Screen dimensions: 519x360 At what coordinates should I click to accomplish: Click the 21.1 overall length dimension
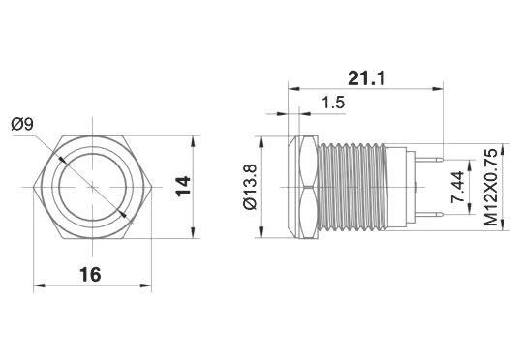coord(366,78)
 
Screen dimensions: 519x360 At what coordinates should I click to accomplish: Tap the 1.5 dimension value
coord(333,103)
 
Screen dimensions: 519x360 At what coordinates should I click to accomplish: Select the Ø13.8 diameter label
coord(250,187)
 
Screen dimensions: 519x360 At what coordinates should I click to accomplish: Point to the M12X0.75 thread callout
coord(491,187)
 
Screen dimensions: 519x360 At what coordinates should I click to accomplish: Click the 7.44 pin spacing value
coord(458,187)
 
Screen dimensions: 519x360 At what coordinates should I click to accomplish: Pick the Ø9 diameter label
coord(22,125)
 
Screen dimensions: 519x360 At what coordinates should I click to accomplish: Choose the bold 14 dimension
coord(183,187)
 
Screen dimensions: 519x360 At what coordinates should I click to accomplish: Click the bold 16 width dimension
coord(90,275)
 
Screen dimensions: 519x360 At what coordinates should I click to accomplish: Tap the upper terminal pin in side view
coord(430,160)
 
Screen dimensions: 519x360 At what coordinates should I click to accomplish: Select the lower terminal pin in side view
coord(430,215)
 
